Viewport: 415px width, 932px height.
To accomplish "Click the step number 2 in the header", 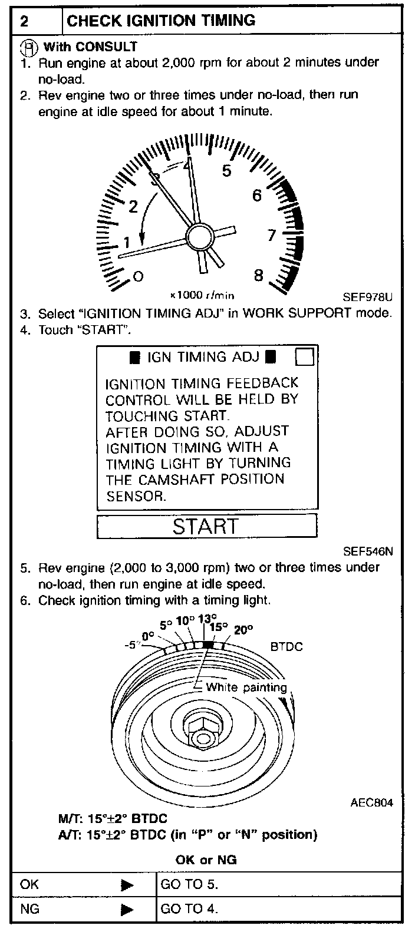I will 25,22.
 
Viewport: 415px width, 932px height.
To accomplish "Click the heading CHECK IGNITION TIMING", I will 161,21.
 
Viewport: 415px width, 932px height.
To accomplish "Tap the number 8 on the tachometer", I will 259,275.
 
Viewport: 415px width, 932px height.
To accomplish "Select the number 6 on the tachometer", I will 257,195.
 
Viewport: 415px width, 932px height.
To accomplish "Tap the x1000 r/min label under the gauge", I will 202,295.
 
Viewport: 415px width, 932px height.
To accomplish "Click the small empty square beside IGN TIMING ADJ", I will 304,357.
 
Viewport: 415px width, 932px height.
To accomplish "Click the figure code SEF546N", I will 368,552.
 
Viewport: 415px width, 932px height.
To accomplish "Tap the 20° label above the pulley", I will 243,629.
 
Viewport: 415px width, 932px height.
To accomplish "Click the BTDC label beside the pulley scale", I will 286,646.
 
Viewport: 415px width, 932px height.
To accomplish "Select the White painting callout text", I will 246,687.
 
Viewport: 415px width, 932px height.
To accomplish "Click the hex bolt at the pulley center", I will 202,729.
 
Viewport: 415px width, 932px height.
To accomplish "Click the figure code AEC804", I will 371,802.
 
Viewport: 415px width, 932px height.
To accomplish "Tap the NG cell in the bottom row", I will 30,908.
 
